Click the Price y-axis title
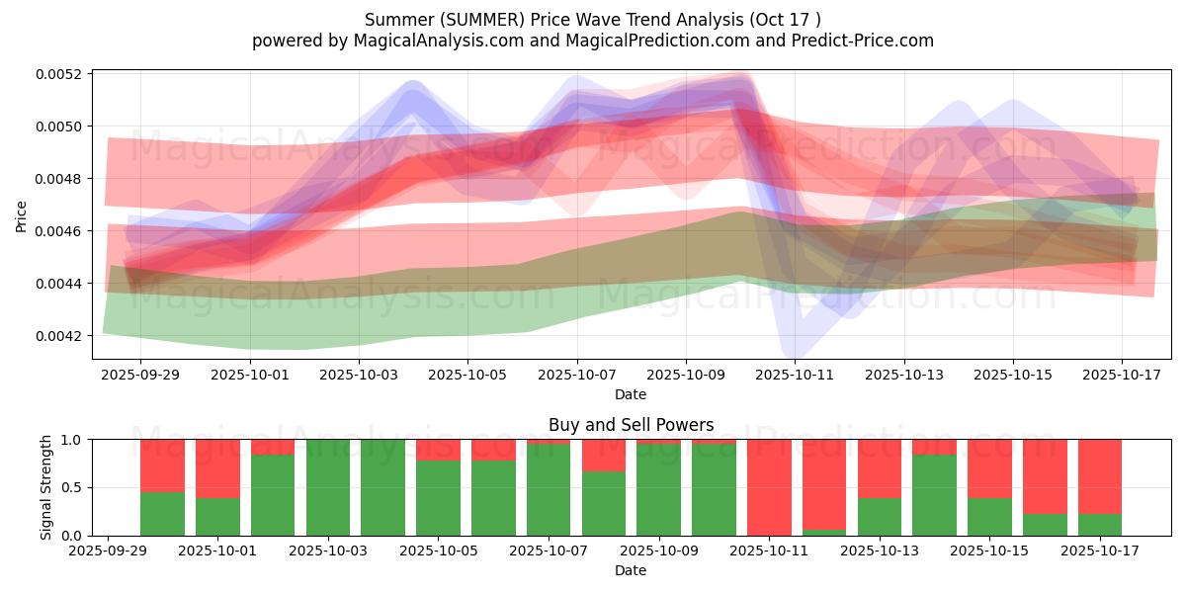22,215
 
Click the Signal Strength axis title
45,487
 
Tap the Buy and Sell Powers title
631,426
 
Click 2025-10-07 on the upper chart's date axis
577,376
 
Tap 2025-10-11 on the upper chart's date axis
795,376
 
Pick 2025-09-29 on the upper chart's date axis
140,376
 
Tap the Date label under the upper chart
631,394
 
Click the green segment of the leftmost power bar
162,514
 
